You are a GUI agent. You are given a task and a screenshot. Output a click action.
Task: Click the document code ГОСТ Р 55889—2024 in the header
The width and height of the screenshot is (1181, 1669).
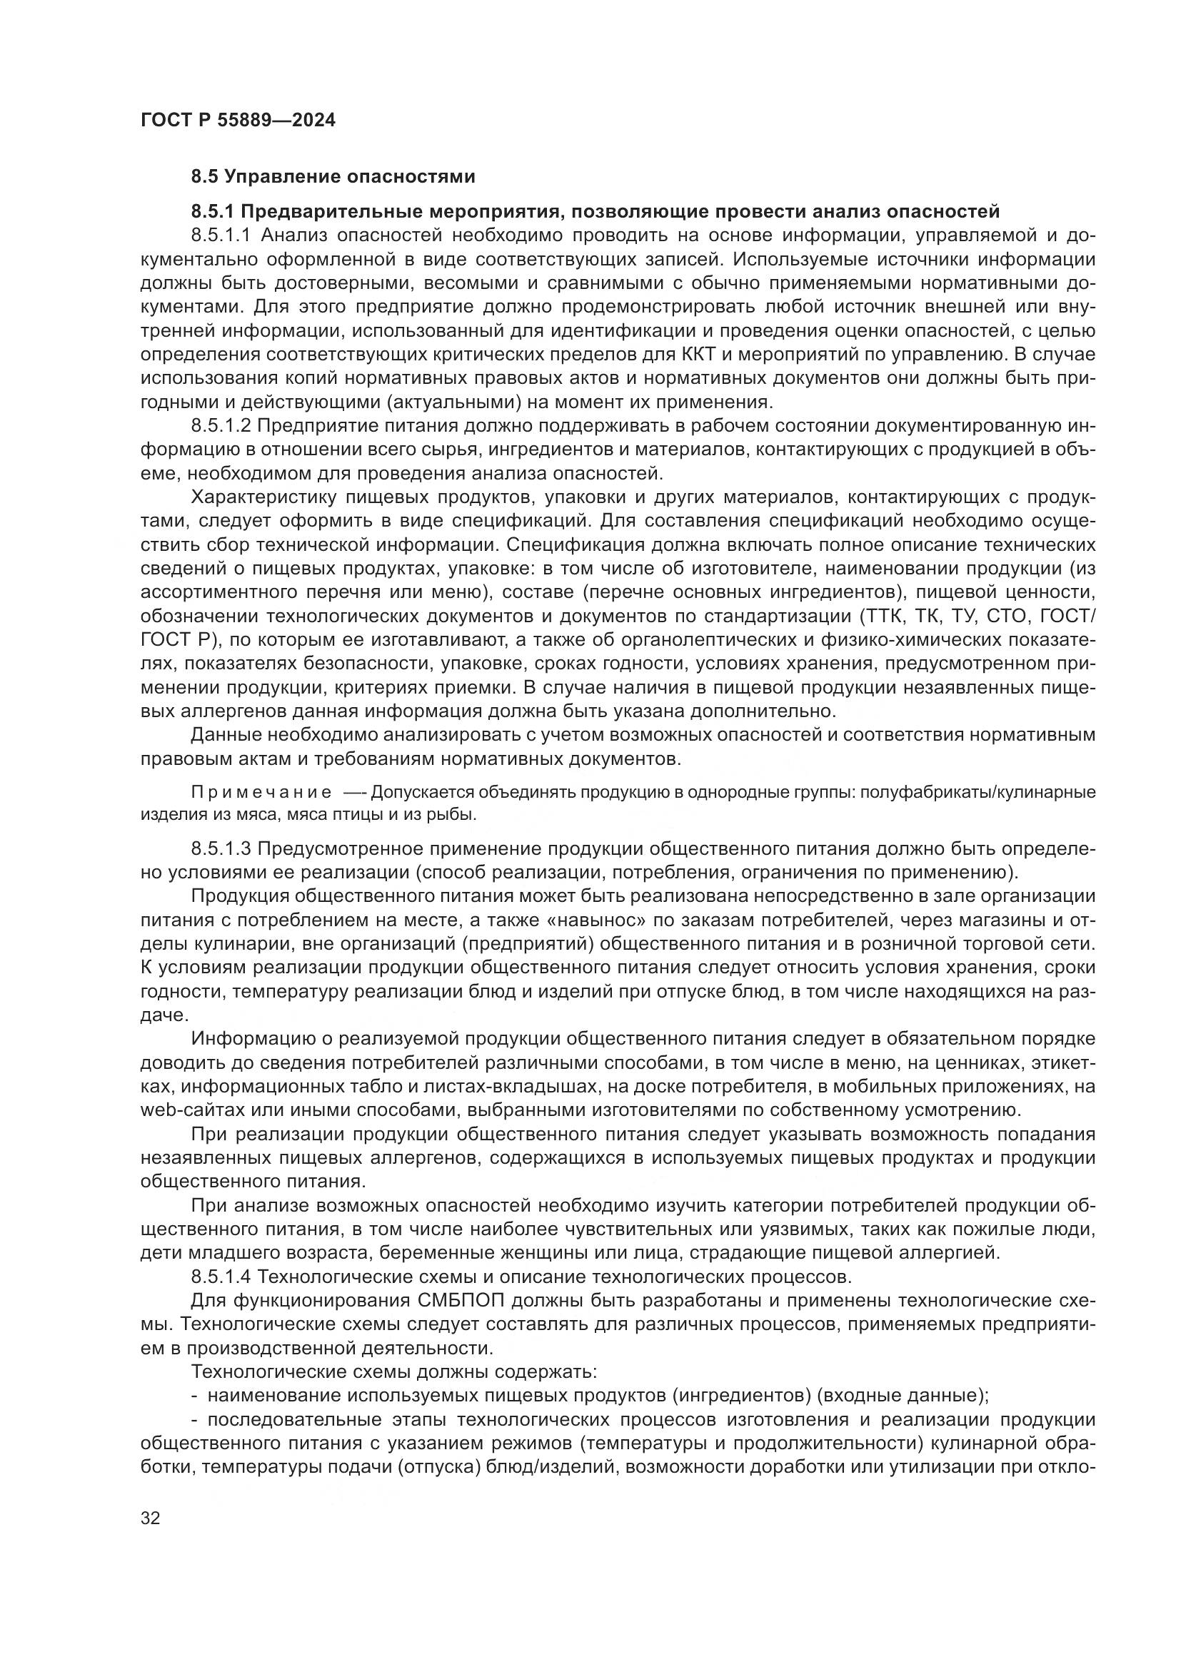click(x=238, y=121)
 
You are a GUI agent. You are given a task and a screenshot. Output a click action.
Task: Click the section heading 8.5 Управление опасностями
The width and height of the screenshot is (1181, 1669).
click(x=333, y=177)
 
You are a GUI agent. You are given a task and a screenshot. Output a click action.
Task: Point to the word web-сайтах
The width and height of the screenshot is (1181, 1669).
click(x=186, y=1110)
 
